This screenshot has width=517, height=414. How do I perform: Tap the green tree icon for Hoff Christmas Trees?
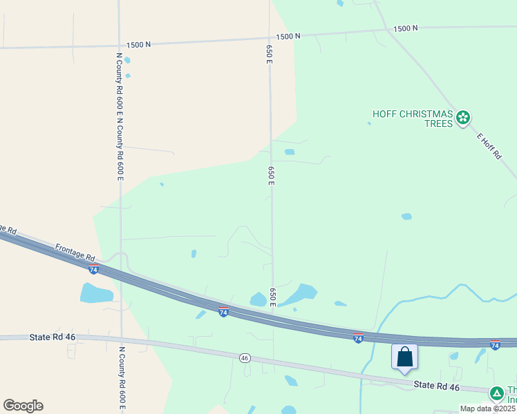464,118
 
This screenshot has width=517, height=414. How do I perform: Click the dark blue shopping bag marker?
404,357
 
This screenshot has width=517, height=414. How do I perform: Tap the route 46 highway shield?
245,357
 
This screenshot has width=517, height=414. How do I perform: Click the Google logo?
23,405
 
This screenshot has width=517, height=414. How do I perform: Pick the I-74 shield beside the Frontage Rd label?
94,268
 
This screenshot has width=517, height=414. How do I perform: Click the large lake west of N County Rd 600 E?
96,293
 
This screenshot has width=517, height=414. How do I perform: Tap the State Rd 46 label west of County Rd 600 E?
51,337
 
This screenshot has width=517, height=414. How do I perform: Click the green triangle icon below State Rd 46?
496,393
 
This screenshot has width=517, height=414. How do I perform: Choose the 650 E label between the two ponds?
273,297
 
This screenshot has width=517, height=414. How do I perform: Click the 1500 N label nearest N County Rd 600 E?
138,44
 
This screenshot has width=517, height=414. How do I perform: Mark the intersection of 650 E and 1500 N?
269,38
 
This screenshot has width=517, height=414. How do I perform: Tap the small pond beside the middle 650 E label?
290,152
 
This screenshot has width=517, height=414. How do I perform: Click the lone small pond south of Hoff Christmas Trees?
406,216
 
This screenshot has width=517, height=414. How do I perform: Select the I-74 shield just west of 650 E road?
223,312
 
